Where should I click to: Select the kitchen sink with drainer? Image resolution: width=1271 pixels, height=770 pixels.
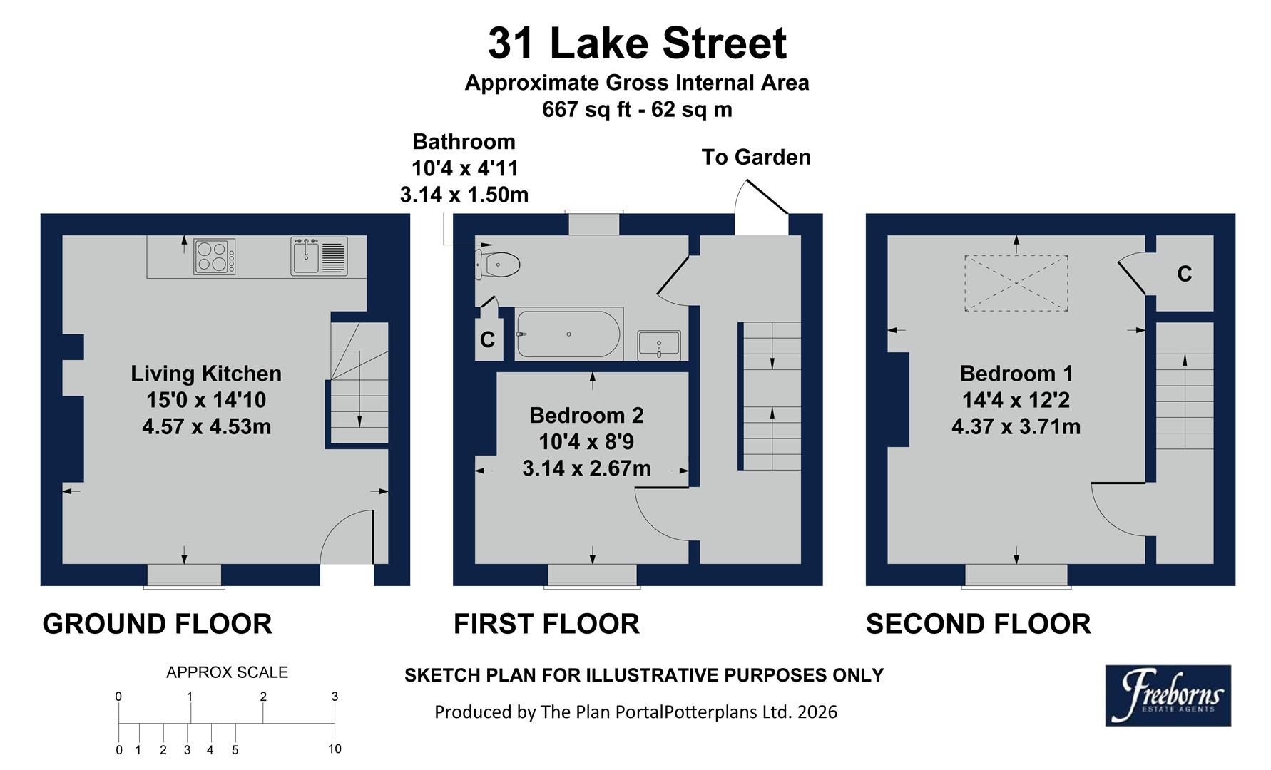[319, 257]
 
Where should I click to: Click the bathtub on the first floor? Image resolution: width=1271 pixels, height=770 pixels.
[568, 334]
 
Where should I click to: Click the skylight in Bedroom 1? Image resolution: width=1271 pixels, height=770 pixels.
[1016, 283]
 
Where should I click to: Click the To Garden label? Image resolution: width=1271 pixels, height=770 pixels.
[756, 158]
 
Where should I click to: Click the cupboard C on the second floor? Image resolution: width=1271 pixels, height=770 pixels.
[1184, 274]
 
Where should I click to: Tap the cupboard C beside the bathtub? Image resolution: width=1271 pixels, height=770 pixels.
[488, 340]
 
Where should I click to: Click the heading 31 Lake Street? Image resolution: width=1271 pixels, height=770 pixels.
[636, 43]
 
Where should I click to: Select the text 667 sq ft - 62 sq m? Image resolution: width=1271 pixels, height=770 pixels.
[636, 110]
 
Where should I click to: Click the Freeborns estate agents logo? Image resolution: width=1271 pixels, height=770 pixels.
[1168, 695]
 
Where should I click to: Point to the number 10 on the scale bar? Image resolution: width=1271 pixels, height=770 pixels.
[335, 749]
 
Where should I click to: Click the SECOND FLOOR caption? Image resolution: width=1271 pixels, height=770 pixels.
[977, 624]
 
